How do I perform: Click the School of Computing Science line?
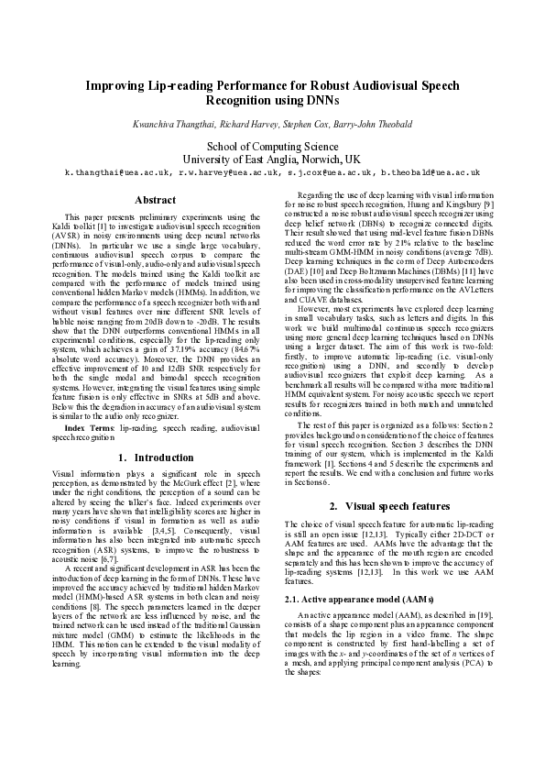273,145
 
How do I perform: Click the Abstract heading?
155,199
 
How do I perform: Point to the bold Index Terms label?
78,428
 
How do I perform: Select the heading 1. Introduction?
156,457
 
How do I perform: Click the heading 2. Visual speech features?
387,505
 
